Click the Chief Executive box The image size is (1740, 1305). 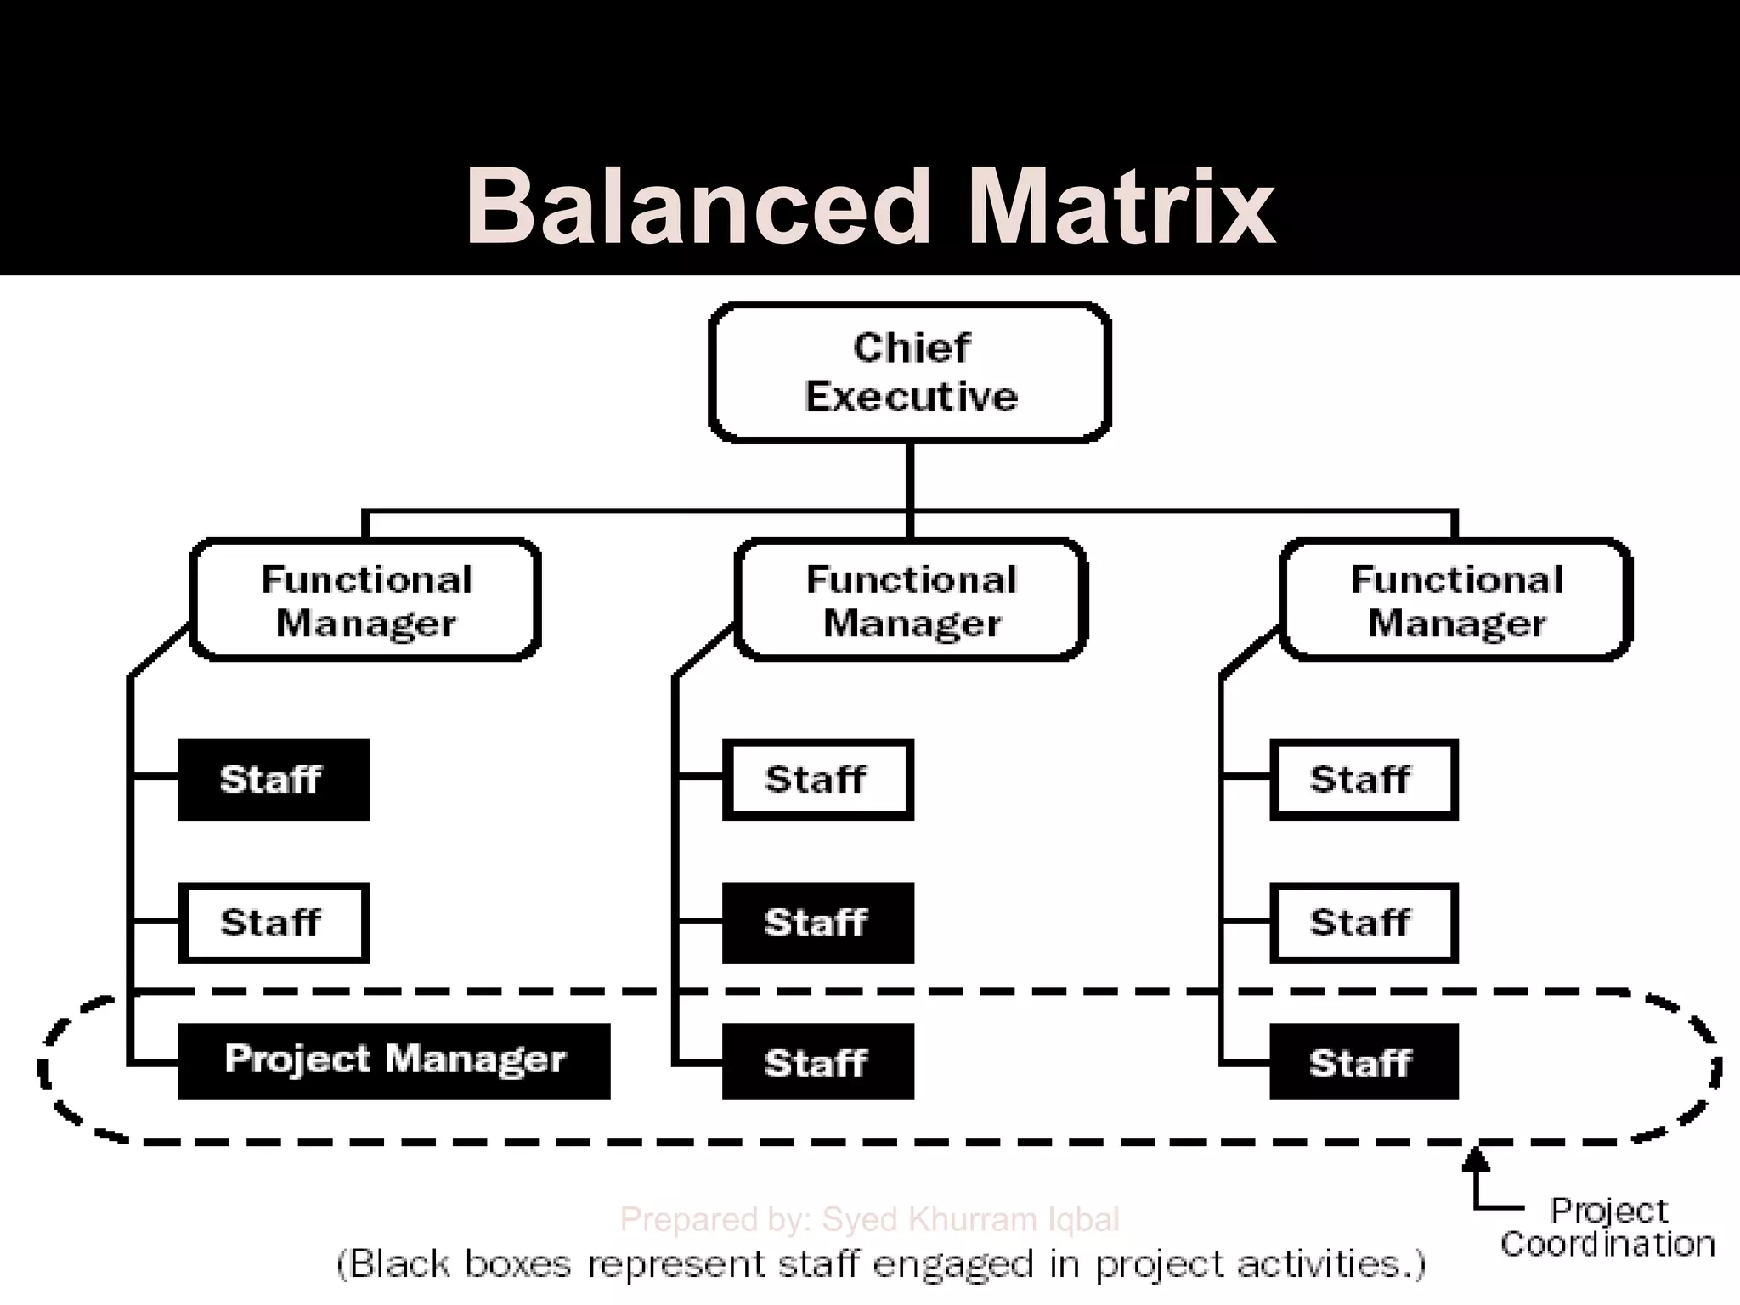tap(910, 372)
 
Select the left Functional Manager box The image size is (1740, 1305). tap(366, 600)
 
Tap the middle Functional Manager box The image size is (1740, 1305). tap(911, 600)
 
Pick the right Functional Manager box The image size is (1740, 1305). tap(1455, 600)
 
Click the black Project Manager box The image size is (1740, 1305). tap(394, 1060)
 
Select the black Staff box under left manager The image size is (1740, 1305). tap(273, 779)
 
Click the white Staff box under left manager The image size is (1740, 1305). tap(273, 923)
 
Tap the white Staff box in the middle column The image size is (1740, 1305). tap(817, 779)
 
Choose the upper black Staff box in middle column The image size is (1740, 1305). tap(817, 923)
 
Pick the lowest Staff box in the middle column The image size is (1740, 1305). tap(817, 1062)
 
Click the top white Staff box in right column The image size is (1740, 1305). tap(1363, 779)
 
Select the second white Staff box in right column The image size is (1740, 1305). tap(1363, 923)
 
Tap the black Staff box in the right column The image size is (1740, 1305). tap(1363, 1062)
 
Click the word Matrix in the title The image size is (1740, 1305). tap(1121, 206)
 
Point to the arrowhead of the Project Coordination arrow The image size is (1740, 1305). tap(1477, 1157)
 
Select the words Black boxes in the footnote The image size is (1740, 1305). tap(459, 1264)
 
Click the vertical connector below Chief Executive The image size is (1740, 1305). tap(910, 476)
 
